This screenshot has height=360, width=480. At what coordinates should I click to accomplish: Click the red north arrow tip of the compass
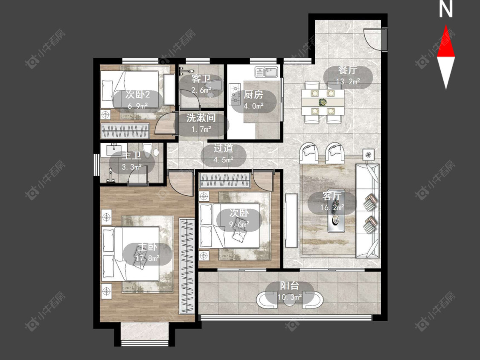point(446,26)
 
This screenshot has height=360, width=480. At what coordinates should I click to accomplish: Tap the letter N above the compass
point(446,9)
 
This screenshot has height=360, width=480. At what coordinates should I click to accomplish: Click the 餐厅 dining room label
point(348,70)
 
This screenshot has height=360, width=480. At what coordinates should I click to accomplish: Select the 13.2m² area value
point(348,81)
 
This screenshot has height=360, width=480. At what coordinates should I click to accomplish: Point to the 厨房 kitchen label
point(253,95)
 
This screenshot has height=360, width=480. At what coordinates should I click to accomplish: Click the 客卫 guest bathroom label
point(201,78)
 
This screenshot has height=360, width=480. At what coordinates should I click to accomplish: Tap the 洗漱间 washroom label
point(201,118)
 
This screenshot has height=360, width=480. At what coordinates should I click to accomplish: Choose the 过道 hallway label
point(223,148)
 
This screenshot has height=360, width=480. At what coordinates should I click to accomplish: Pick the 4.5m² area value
point(223,160)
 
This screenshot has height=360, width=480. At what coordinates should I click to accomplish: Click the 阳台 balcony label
point(289,286)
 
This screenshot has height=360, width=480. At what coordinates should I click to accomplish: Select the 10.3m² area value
point(290,297)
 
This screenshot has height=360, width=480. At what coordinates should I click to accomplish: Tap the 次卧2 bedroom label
point(137,95)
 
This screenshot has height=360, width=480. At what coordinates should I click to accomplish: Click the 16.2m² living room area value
point(332,208)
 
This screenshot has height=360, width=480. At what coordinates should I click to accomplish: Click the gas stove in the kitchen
point(235,94)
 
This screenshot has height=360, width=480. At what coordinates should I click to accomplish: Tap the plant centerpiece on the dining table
point(322,102)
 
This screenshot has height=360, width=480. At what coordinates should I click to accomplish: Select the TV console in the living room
point(291,221)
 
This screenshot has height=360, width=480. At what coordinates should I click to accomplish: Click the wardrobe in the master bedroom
point(187,266)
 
